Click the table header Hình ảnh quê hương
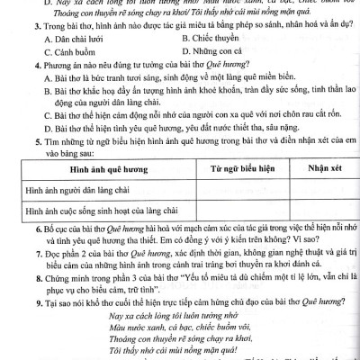[x=106, y=193]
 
